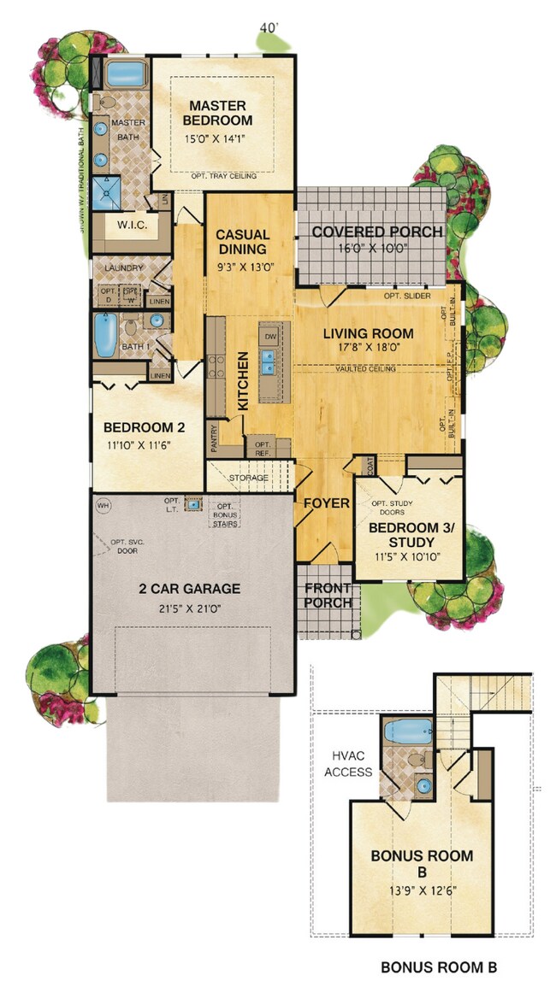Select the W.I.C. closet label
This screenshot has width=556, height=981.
pos(132,226)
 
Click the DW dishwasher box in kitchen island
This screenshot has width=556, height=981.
pos(270,337)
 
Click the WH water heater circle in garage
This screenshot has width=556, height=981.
pos(104,505)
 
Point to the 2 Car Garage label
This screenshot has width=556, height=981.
pos(190,588)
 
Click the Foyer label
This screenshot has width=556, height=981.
pos(327,503)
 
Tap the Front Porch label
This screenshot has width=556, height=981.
pos(328,595)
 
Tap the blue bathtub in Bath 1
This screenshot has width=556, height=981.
pos(104,336)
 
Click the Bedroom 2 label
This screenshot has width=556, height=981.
pos(144,427)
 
